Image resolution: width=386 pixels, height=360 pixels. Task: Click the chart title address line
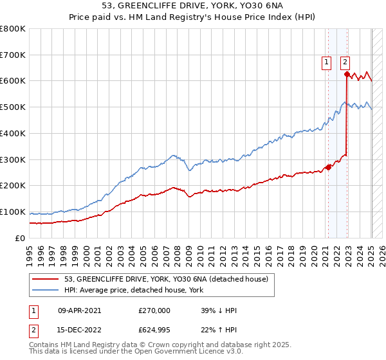click(192, 6)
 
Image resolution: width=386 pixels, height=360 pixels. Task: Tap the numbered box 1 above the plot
click(326, 62)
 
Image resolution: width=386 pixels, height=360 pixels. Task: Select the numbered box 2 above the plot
click(345, 62)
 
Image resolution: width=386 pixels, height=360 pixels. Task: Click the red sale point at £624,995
click(347, 74)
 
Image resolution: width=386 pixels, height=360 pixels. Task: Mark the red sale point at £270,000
click(328, 167)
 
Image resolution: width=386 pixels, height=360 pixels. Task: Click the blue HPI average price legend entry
click(133, 290)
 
